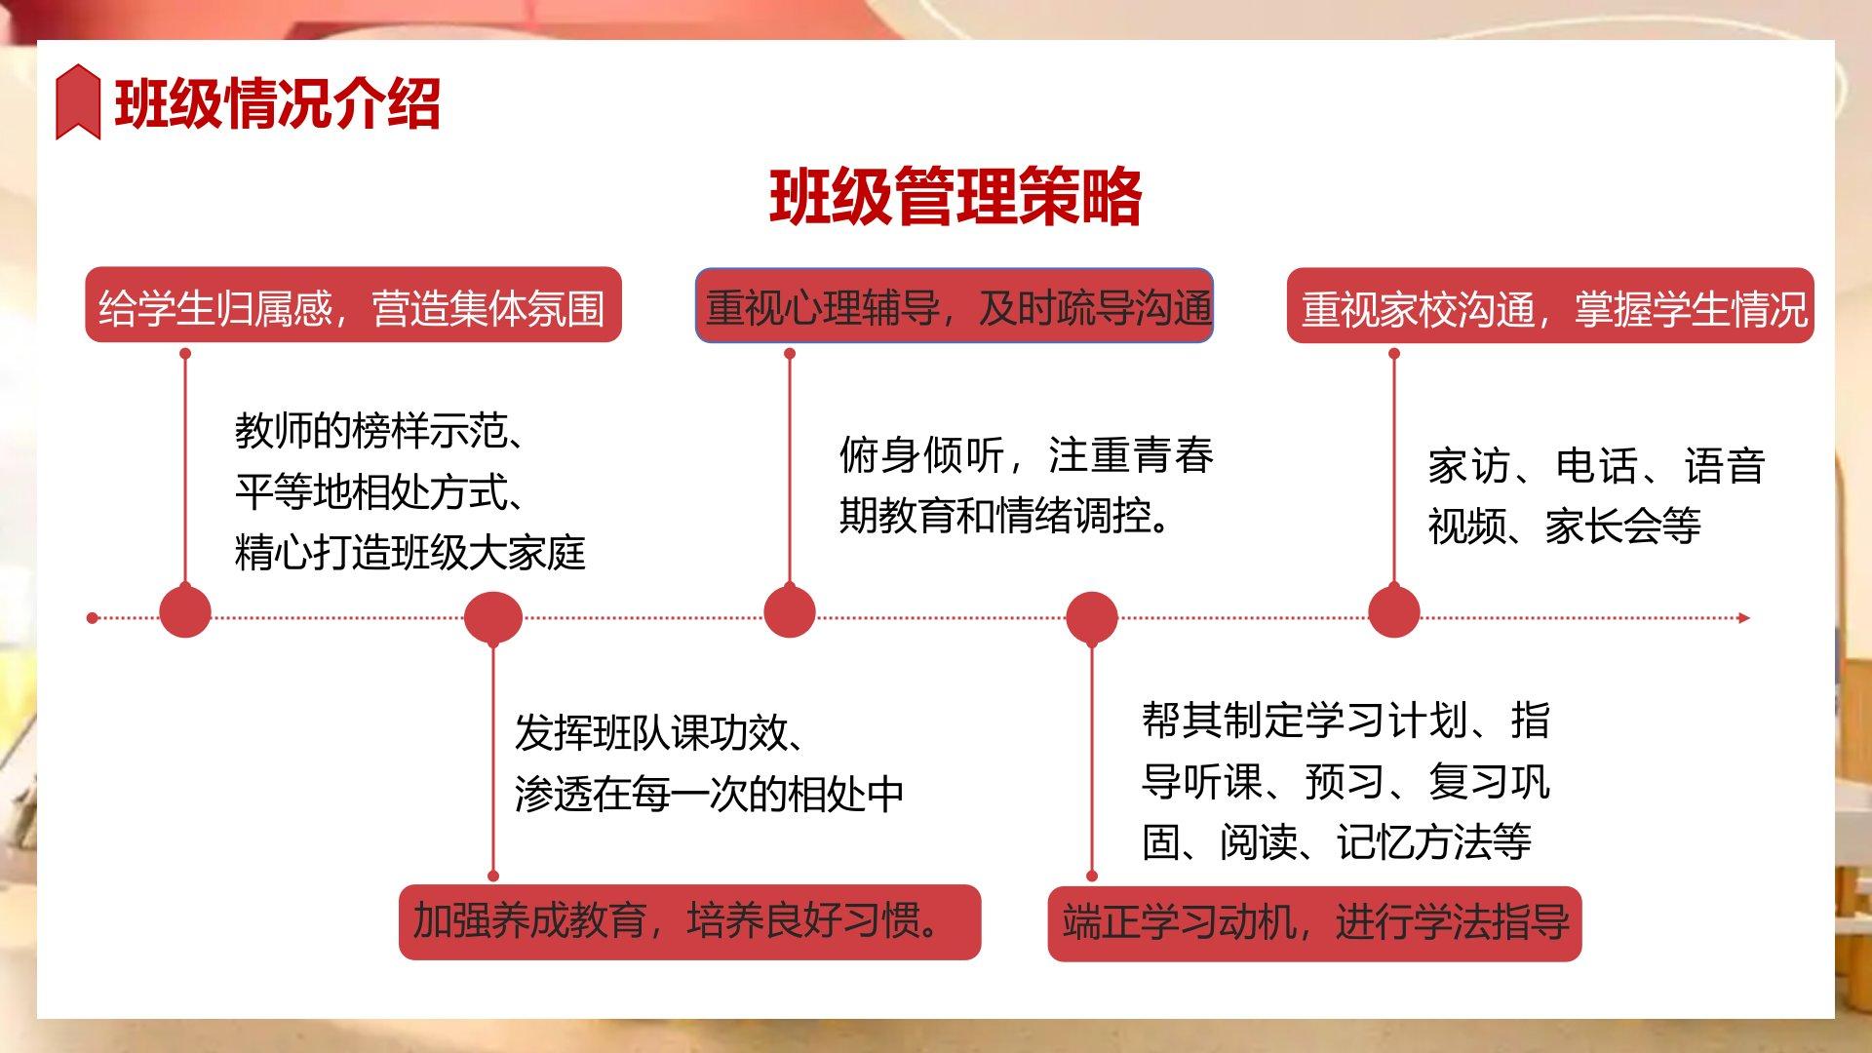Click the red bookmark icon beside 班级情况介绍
[78, 101]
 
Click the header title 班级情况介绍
[278, 103]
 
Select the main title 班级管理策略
[955, 197]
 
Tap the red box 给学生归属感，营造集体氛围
[353, 305]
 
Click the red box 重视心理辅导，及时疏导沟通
[954, 305]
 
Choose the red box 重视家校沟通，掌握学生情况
[1550, 305]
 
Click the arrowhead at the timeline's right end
[1744, 617]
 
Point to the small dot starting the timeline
[93, 617]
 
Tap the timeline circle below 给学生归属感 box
[185, 612]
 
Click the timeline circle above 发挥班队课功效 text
[492, 618]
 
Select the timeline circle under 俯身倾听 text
[789, 612]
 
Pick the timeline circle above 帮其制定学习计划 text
[1091, 618]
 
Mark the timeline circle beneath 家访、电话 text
[1393, 612]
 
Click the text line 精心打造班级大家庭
[410, 553]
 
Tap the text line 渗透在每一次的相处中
[709, 795]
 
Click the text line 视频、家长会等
[1565, 526]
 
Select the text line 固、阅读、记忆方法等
[1337, 842]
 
